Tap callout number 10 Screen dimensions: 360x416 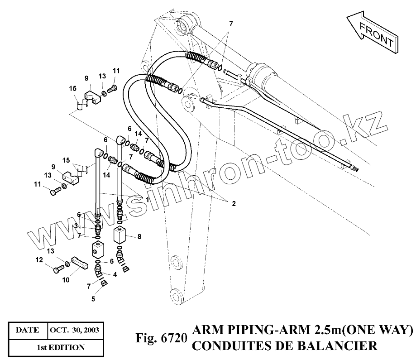[66, 280]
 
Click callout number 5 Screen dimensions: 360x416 [94, 298]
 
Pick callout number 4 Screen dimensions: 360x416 [115, 274]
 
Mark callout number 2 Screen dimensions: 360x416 [234, 204]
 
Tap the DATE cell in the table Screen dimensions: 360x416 [27, 330]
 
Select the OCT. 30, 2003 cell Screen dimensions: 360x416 [75, 330]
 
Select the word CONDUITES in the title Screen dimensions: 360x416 [229, 346]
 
